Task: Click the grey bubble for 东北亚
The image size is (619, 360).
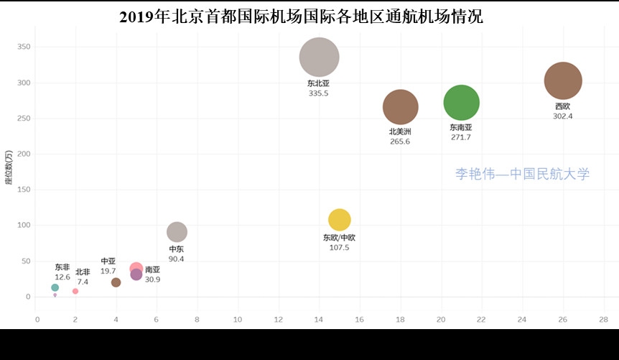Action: [319, 57]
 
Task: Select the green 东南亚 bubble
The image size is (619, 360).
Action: [462, 103]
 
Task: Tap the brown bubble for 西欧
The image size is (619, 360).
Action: [563, 81]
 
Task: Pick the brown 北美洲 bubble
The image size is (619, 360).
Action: [401, 107]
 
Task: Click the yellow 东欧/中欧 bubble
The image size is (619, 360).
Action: [340, 220]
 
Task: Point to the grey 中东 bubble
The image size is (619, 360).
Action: [177, 232]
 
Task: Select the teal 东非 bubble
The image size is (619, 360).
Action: [55, 287]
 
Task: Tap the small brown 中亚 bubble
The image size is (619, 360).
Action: [116, 282]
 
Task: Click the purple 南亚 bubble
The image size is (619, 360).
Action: [136, 274]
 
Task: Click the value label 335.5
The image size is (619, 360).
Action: [318, 93]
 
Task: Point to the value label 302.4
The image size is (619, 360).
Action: [563, 116]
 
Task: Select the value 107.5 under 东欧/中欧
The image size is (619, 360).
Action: [339, 247]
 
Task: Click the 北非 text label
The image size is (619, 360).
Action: [83, 272]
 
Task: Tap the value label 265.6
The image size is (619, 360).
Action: [400, 142]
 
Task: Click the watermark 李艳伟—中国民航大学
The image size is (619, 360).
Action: [522, 174]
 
